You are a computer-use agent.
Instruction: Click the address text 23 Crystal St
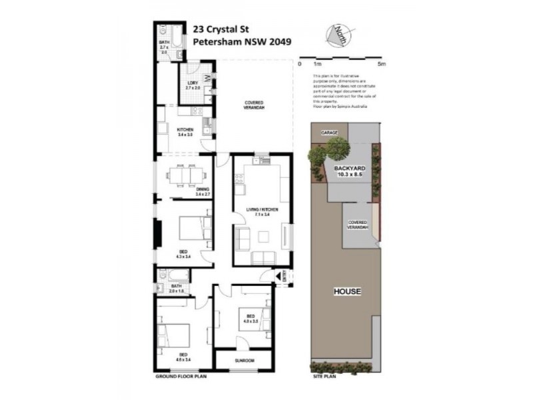tap(221, 29)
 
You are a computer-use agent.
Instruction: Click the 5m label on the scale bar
tap(381, 64)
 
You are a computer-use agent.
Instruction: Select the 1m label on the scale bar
tap(317, 64)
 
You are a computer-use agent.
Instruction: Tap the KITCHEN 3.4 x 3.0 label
tap(185, 131)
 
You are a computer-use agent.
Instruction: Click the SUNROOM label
tap(244, 361)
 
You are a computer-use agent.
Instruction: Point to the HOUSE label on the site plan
tap(347, 292)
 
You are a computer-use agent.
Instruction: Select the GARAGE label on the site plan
tap(329, 133)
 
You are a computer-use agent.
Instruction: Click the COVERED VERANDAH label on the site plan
tap(358, 225)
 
